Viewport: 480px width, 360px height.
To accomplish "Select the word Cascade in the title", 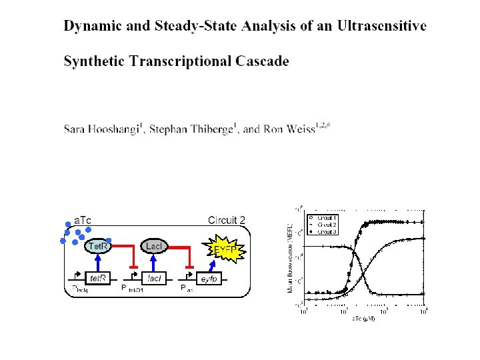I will (x=262, y=61).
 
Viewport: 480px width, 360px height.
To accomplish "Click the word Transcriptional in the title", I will (x=178, y=61).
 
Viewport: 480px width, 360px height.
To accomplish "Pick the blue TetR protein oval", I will (x=99, y=247).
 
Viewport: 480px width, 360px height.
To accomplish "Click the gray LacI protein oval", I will (x=153, y=247).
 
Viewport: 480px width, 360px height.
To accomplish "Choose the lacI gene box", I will (x=153, y=278).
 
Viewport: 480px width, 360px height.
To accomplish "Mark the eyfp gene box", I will (x=209, y=278).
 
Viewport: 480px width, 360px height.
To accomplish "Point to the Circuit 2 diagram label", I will (x=227, y=220).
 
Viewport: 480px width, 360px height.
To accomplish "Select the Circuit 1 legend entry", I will (x=325, y=218).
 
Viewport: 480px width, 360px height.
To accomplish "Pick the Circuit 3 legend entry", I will (x=325, y=232).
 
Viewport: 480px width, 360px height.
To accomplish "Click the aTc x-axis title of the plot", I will (x=363, y=319).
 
